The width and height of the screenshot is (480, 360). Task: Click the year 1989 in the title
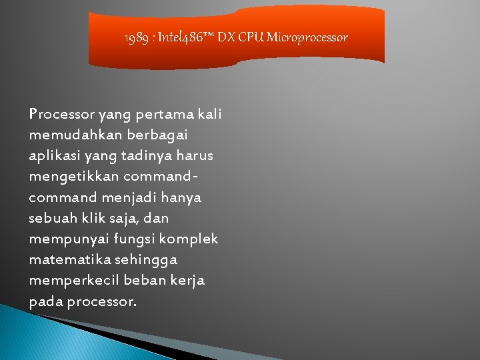[x=136, y=37]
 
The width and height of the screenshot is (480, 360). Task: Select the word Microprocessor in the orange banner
[x=308, y=37]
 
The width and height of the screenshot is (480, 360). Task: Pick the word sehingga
[x=145, y=260]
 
